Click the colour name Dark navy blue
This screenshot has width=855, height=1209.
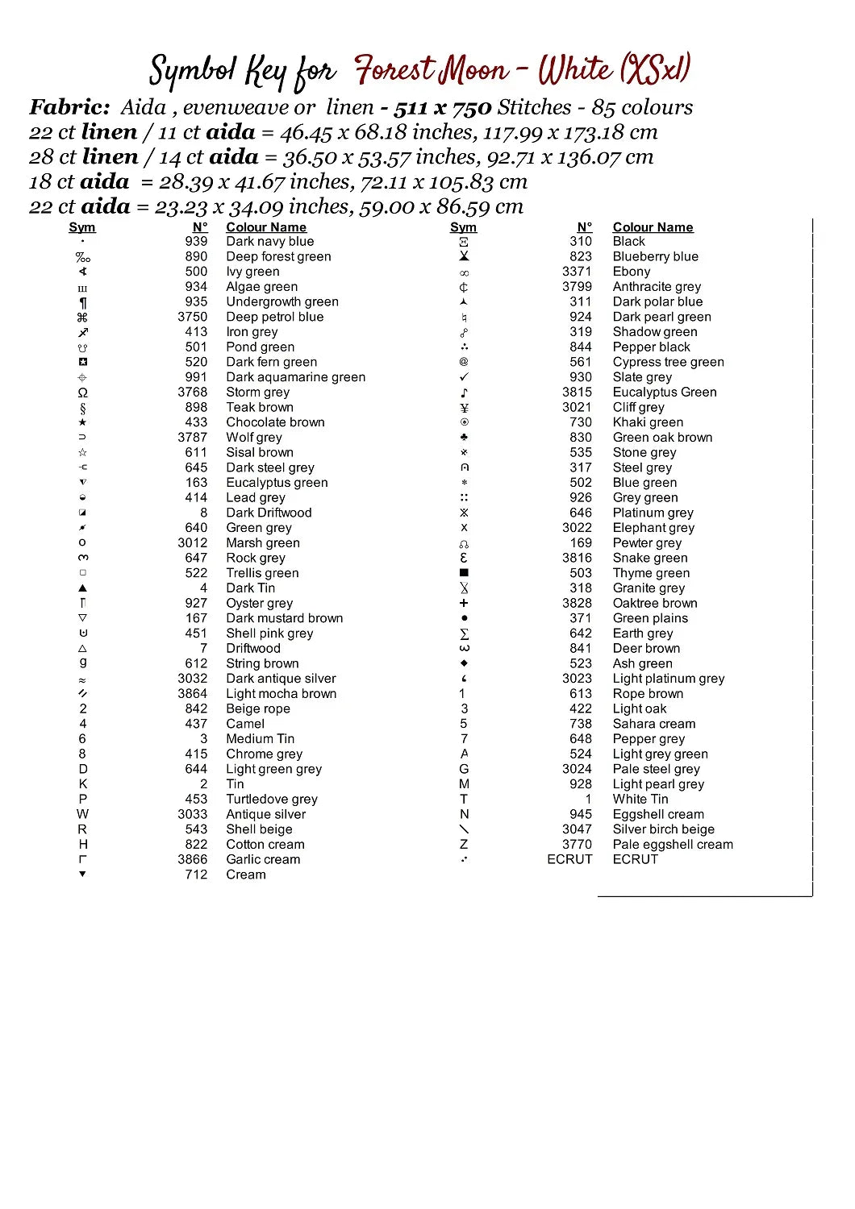pos(269,242)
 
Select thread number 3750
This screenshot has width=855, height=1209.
pos(193,318)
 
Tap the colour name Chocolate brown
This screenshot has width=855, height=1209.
pos(275,423)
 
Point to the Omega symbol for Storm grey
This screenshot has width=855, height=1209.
pos(82,393)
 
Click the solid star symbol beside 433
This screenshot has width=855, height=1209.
pos(82,422)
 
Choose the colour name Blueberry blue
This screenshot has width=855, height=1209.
pos(655,257)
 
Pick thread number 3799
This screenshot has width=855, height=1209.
pos(577,287)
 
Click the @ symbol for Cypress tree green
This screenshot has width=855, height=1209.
pos(464,363)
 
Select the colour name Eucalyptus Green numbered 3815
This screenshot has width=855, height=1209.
pos(664,393)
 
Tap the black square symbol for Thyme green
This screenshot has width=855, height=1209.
pos(464,573)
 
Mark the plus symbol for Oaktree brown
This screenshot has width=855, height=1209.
pos(464,604)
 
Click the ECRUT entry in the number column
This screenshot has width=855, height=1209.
pos(569,860)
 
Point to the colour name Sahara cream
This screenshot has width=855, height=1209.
pos(653,725)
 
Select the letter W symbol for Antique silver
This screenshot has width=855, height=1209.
pos(82,815)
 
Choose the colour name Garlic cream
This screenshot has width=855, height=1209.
pos(263,860)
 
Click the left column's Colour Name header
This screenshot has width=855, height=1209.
pos(266,228)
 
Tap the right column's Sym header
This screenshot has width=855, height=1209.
pos(463,228)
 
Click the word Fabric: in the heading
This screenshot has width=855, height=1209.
pos(69,107)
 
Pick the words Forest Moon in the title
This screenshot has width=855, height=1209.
pos(432,71)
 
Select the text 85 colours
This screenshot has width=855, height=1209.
pos(642,107)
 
